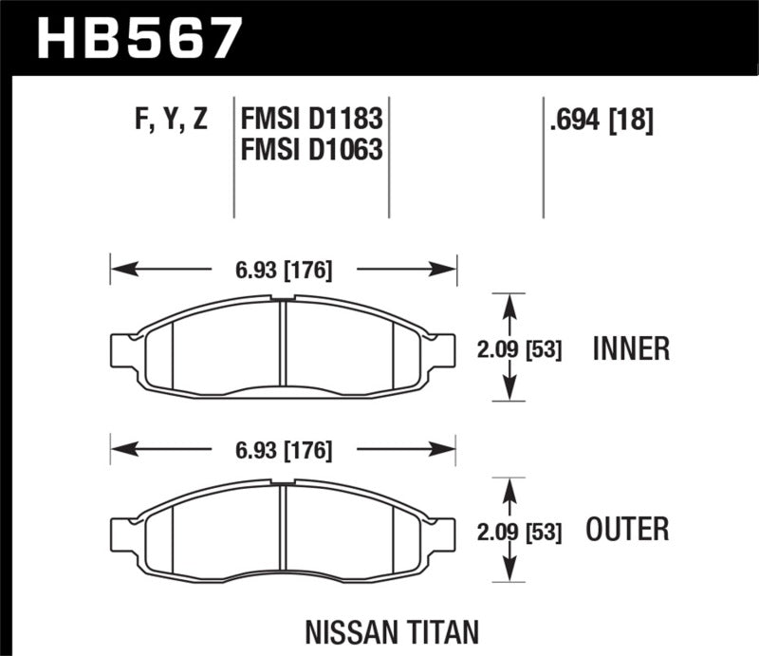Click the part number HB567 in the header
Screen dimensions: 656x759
(139, 38)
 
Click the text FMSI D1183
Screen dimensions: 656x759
(312, 121)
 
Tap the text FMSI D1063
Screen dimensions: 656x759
(312, 149)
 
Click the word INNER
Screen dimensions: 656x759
(631, 348)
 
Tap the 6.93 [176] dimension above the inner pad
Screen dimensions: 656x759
(284, 271)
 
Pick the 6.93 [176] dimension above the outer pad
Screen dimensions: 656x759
(284, 452)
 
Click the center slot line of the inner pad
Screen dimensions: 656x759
(284, 347)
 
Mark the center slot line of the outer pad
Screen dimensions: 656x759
(284, 529)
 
